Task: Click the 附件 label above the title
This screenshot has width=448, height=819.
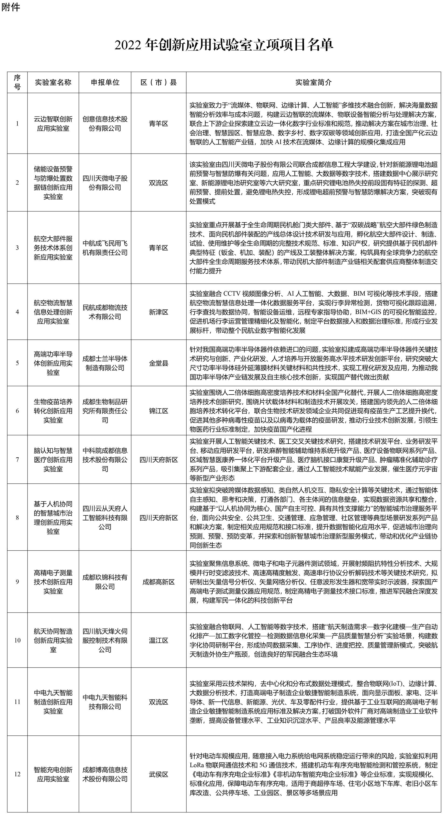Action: click(10, 7)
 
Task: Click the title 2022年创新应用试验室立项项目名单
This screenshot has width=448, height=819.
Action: click(224, 45)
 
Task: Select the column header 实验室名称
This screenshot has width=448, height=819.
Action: click(53, 82)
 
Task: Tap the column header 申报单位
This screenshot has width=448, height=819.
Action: click(105, 82)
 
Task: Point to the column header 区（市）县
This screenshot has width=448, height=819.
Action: click(158, 82)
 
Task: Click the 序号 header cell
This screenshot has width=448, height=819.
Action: click(17, 82)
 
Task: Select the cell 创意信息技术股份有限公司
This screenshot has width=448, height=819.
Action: click(105, 124)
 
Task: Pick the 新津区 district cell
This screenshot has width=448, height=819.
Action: click(158, 312)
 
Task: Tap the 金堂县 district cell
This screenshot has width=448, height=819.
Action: click(158, 363)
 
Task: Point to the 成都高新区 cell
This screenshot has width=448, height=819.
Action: click(158, 582)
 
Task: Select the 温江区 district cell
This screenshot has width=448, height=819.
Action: click(158, 640)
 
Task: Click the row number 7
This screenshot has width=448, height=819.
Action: click(17, 460)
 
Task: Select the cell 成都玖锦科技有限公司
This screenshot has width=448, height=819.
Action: click(105, 582)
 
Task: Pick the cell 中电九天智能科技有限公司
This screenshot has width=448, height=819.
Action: click(105, 702)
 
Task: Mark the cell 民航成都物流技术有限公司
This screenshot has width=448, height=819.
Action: click(105, 312)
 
